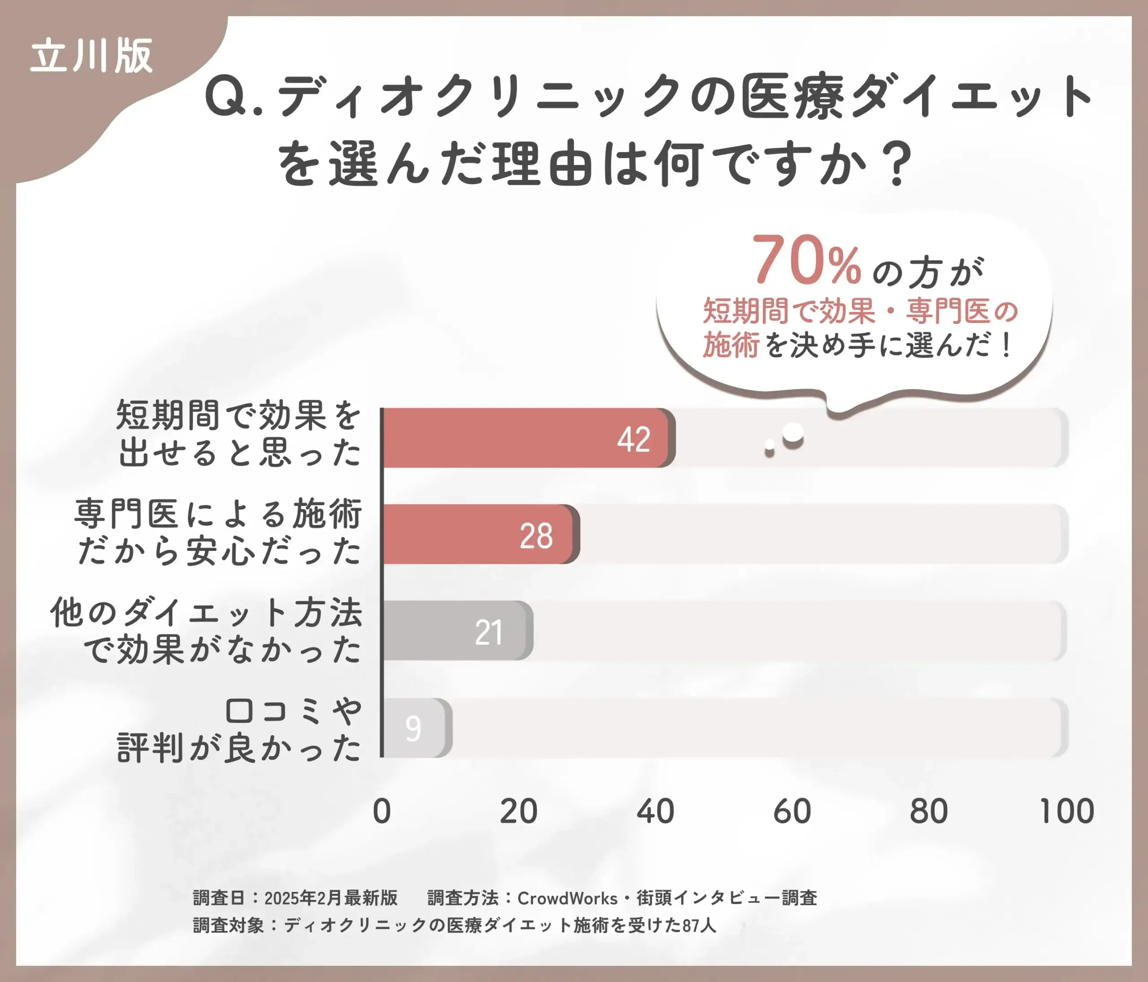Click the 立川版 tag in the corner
click(91, 57)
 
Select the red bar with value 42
click(526, 438)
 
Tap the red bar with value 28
click(479, 534)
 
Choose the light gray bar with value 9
click(416, 728)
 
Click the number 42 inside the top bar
click(634, 440)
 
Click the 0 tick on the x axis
click(382, 812)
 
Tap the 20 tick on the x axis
click(518, 812)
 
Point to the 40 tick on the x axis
click(656, 812)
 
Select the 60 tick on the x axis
click(792, 812)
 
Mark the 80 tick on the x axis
click(929, 812)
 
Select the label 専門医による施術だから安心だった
click(219, 532)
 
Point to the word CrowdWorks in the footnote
click(567, 898)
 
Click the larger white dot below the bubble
click(793, 435)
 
